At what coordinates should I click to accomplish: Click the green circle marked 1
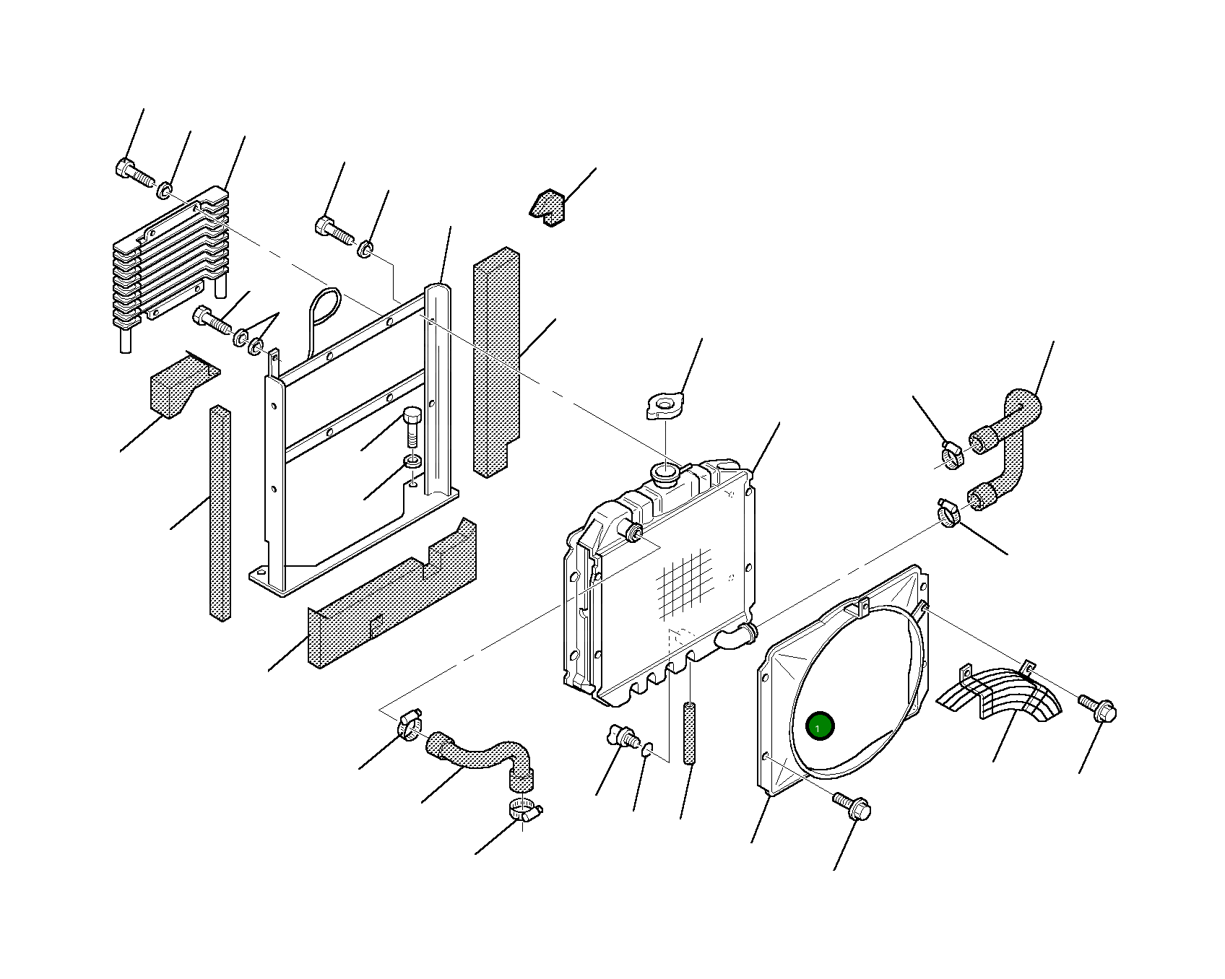click(819, 726)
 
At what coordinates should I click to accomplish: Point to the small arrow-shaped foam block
click(548, 206)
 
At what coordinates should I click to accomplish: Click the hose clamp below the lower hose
click(524, 811)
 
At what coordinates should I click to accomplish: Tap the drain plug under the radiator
click(622, 736)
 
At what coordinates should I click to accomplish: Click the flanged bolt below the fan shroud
click(852, 806)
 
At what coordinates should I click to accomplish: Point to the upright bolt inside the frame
click(411, 427)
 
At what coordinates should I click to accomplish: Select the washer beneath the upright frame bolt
click(412, 461)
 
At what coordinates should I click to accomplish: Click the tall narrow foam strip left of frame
click(220, 513)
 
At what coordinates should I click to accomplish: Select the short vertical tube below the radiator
click(689, 733)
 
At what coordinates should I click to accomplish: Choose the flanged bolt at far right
click(1098, 708)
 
